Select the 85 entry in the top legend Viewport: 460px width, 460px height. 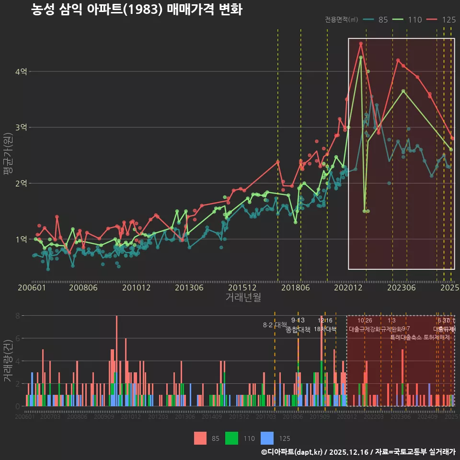pos(383,20)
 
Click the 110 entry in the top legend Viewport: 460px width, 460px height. pos(414,20)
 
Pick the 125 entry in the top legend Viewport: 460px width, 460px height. pos(448,20)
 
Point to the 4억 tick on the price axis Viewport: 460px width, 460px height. pos(21,71)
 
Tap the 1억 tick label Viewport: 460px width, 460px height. pos(21,239)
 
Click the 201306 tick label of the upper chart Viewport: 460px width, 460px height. pos(189,288)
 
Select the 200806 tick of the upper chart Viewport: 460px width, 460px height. pos(83,288)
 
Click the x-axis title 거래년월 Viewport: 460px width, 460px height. pos(243,298)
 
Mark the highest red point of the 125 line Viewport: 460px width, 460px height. pos(361,44)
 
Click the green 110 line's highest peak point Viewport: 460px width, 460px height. pos(361,57)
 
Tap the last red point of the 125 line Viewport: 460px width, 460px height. pos(452,138)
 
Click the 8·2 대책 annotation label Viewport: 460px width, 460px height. pos(275,325)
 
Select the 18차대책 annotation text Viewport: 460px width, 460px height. pos(325,329)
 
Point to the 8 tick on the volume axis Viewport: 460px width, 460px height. pos(18,316)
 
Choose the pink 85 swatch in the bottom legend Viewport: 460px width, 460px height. pos(201,438)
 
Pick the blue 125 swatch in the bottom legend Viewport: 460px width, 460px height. pos(267,438)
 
